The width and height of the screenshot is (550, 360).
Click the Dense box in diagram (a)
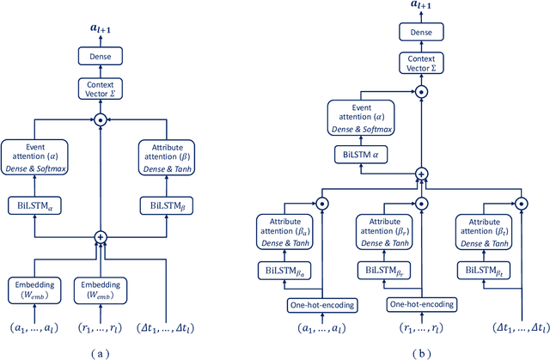101,55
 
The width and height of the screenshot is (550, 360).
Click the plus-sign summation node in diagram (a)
101,235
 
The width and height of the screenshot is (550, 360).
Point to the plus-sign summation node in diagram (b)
420,173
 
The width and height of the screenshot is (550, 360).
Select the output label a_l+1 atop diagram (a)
101,28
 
